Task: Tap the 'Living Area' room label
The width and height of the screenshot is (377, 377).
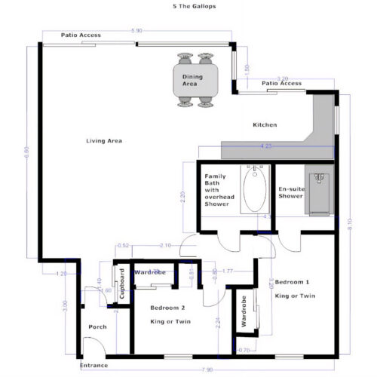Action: (x=104, y=141)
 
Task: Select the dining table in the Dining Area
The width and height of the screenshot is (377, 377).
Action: (x=194, y=79)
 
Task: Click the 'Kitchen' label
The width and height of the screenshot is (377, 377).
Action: (x=264, y=124)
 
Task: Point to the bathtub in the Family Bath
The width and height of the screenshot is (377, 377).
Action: (x=253, y=192)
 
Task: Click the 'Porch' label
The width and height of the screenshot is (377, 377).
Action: (x=97, y=326)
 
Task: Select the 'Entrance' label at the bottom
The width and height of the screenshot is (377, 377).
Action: (x=95, y=366)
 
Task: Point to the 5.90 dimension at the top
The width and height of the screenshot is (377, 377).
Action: (x=136, y=31)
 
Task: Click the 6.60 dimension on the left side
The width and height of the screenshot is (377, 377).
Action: (x=27, y=150)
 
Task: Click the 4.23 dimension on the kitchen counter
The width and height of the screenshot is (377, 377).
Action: (x=265, y=146)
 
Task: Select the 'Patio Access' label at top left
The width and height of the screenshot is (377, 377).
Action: (x=81, y=35)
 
